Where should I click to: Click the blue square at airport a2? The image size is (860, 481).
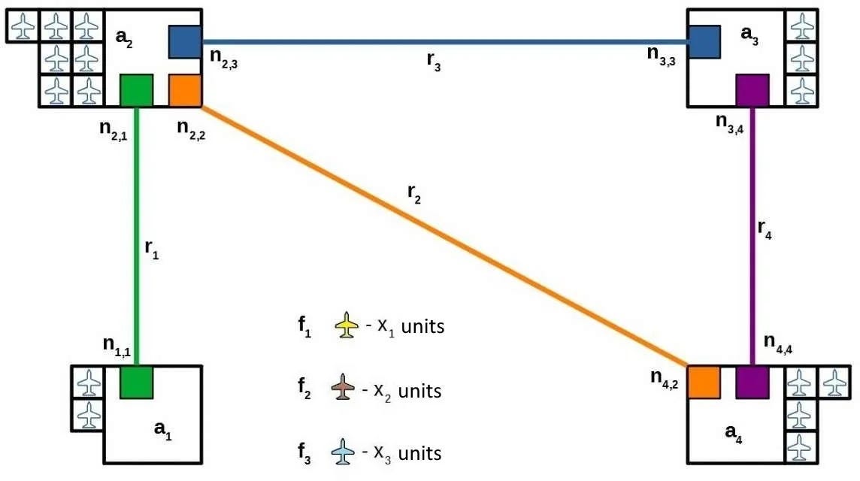click(x=185, y=41)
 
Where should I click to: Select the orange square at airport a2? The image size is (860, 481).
click(x=185, y=90)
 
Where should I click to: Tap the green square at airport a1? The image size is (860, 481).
click(x=137, y=382)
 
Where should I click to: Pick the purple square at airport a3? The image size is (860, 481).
click(x=752, y=90)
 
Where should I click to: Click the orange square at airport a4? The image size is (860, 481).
click(x=704, y=382)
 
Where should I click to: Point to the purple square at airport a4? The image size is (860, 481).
click(x=752, y=382)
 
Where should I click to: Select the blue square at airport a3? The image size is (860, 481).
click(x=704, y=41)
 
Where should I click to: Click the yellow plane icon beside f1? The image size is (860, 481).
click(x=346, y=325)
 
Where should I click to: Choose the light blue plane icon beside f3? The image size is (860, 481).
click(x=343, y=452)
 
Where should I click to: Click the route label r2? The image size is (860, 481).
click(x=414, y=194)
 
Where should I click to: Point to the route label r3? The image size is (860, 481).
click(x=433, y=62)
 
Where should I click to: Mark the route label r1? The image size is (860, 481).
click(x=151, y=249)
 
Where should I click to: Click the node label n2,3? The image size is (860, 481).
click(x=224, y=59)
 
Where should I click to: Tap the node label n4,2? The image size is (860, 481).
click(x=665, y=379)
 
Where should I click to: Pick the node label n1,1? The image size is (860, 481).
click(x=117, y=346)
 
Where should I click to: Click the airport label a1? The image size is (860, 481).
click(x=163, y=429)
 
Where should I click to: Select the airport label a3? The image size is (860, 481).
click(x=749, y=35)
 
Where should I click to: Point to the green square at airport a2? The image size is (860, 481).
click(x=137, y=90)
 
